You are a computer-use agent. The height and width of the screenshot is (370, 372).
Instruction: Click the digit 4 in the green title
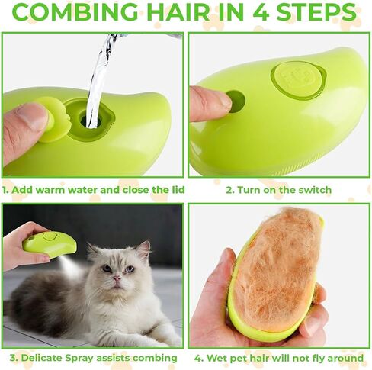[261, 12]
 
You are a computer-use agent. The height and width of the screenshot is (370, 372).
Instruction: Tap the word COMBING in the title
[75, 12]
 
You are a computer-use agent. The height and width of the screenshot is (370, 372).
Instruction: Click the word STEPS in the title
[316, 12]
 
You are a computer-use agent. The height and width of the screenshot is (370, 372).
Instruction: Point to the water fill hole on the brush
[91, 120]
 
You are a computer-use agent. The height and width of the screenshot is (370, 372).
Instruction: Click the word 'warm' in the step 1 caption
[52, 190]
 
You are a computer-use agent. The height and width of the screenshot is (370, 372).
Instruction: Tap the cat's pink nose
[117, 278]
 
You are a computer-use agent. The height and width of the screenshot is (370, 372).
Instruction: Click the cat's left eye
[130, 269]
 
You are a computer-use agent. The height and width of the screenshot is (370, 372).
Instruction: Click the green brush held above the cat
[50, 243]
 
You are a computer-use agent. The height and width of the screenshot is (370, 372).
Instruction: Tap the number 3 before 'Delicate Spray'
[13, 358]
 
